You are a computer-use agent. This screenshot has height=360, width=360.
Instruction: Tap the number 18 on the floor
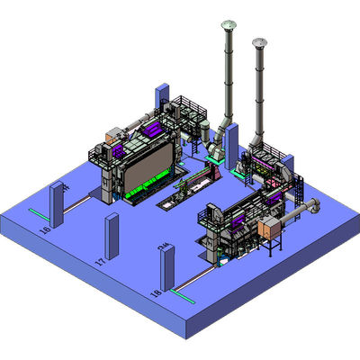click(x=156, y=293)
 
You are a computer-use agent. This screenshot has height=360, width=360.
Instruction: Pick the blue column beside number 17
click(x=112, y=236)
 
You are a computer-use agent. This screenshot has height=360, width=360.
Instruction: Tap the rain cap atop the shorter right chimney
click(x=260, y=42)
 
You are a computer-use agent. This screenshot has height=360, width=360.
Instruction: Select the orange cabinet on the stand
click(x=269, y=229)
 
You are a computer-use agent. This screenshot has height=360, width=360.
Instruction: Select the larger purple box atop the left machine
click(x=117, y=138)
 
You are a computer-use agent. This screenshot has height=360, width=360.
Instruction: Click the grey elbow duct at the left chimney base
click(x=216, y=139)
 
